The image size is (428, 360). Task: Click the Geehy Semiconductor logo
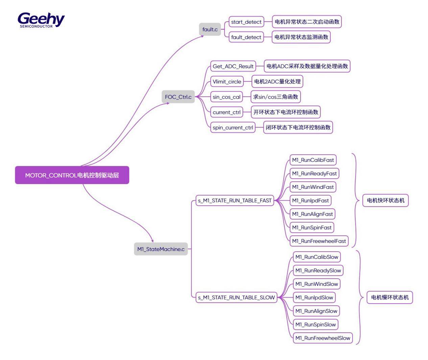(41, 20)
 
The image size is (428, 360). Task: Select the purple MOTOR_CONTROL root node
(72, 175)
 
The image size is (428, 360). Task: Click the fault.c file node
(210, 29)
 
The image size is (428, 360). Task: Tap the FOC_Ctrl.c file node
(178, 97)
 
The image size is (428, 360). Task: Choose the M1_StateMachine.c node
(161, 249)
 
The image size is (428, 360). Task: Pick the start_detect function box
(246, 22)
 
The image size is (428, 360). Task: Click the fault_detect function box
(246, 37)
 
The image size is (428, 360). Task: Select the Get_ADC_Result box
(233, 66)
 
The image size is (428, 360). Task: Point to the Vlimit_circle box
(227, 81)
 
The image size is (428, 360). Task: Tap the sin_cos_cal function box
(227, 97)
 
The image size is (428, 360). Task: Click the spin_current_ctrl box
(233, 127)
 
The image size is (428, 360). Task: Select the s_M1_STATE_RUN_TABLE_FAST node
(235, 201)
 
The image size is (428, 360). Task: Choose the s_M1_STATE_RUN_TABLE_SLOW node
(236, 298)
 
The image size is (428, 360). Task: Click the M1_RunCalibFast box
(313, 160)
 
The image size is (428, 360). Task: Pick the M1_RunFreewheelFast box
(319, 241)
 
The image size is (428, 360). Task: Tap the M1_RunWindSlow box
(316, 284)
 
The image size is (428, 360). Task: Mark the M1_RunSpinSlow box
(315, 325)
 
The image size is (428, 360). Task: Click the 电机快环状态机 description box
(385, 201)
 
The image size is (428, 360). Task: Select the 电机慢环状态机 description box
(390, 298)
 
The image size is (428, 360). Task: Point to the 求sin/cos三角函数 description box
(276, 97)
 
